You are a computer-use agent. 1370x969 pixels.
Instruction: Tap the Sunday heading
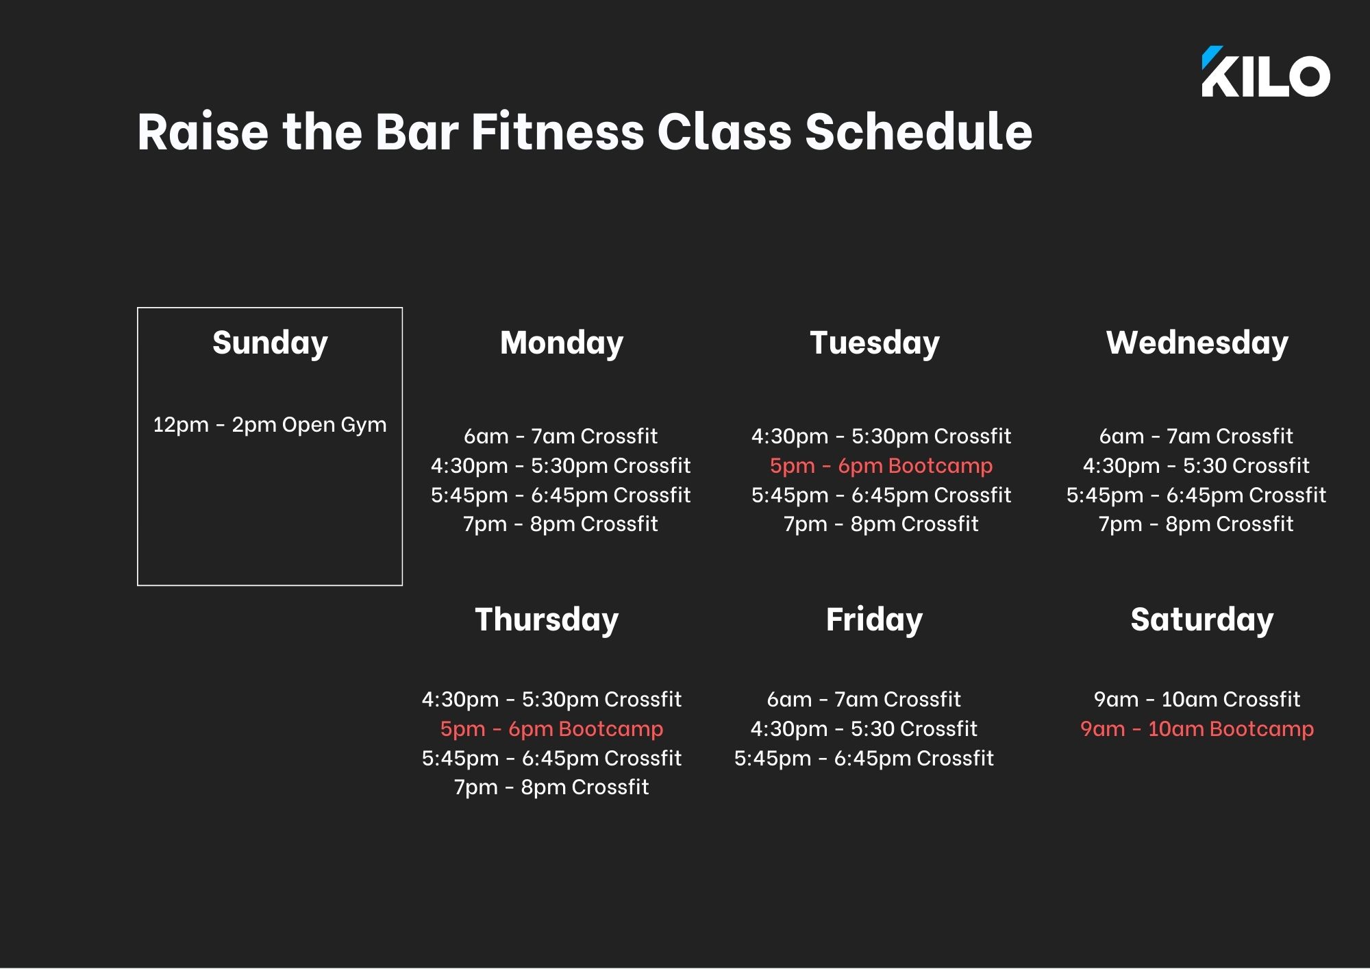click(x=270, y=343)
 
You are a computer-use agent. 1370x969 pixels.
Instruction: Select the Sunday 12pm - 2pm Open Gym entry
click(x=270, y=426)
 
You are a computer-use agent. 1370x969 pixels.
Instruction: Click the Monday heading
click(x=562, y=343)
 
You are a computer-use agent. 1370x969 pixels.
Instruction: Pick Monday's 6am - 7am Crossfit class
click(x=560, y=436)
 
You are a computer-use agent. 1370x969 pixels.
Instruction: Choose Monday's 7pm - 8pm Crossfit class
click(x=560, y=524)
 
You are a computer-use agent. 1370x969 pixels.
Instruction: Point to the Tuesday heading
click(x=875, y=343)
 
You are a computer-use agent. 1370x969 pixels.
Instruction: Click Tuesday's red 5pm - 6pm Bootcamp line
click(x=881, y=466)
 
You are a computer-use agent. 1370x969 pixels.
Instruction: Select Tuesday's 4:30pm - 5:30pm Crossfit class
click(x=881, y=436)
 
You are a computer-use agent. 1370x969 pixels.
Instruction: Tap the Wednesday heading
click(x=1197, y=343)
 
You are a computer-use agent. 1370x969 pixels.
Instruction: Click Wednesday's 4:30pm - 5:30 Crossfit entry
click(x=1196, y=466)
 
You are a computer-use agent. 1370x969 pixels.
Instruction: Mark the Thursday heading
click(x=547, y=620)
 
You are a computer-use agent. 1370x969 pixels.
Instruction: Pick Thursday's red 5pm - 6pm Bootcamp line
click(x=551, y=729)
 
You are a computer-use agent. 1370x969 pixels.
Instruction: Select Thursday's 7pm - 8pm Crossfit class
click(x=551, y=787)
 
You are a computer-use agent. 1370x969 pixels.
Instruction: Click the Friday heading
click(x=874, y=620)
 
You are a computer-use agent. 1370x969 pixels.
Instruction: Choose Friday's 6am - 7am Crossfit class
click(x=864, y=700)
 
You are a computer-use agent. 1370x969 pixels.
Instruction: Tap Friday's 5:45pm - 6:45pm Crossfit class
click(x=864, y=759)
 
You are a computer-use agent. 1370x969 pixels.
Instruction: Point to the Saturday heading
click(x=1202, y=620)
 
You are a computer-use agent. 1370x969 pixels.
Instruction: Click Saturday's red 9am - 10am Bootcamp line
click(x=1197, y=729)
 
